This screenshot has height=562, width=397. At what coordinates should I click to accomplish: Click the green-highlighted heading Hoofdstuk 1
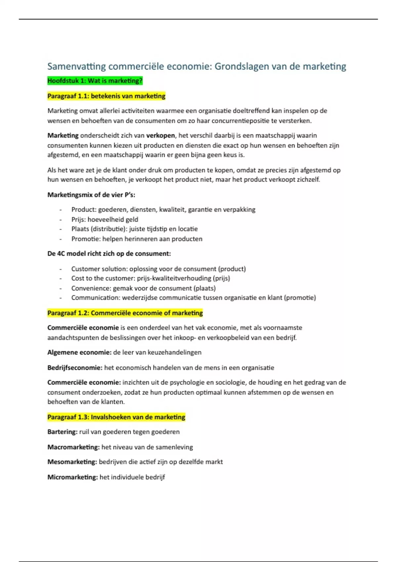tap(95, 81)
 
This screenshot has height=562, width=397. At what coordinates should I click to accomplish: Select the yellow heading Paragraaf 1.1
tap(106, 96)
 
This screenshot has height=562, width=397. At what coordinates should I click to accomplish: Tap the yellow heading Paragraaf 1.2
tap(125, 313)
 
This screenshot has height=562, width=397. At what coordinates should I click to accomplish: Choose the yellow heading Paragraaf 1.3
tap(116, 417)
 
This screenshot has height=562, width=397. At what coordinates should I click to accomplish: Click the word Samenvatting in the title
tap(76, 66)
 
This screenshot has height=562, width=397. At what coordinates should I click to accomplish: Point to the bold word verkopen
tap(160, 136)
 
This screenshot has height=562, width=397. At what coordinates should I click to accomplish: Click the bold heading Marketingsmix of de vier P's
tap(91, 195)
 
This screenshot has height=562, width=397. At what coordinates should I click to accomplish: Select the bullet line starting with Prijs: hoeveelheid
tap(105, 220)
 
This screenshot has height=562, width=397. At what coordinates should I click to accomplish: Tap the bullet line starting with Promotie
tap(137, 239)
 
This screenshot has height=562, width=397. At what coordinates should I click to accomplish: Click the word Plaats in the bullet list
tap(80, 229)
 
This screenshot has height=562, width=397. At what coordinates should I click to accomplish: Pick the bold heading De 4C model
tap(109, 254)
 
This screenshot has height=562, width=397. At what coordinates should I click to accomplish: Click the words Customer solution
tap(99, 269)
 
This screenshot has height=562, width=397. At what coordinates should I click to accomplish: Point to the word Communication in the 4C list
tap(95, 298)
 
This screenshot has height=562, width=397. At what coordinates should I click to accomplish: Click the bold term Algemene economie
tap(79, 352)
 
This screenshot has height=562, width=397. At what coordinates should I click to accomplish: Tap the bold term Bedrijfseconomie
tap(75, 368)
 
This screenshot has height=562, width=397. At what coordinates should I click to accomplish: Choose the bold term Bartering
tap(62, 432)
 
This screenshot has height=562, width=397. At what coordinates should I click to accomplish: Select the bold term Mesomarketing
tap(72, 462)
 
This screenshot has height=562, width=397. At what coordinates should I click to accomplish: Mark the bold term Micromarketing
tap(72, 477)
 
